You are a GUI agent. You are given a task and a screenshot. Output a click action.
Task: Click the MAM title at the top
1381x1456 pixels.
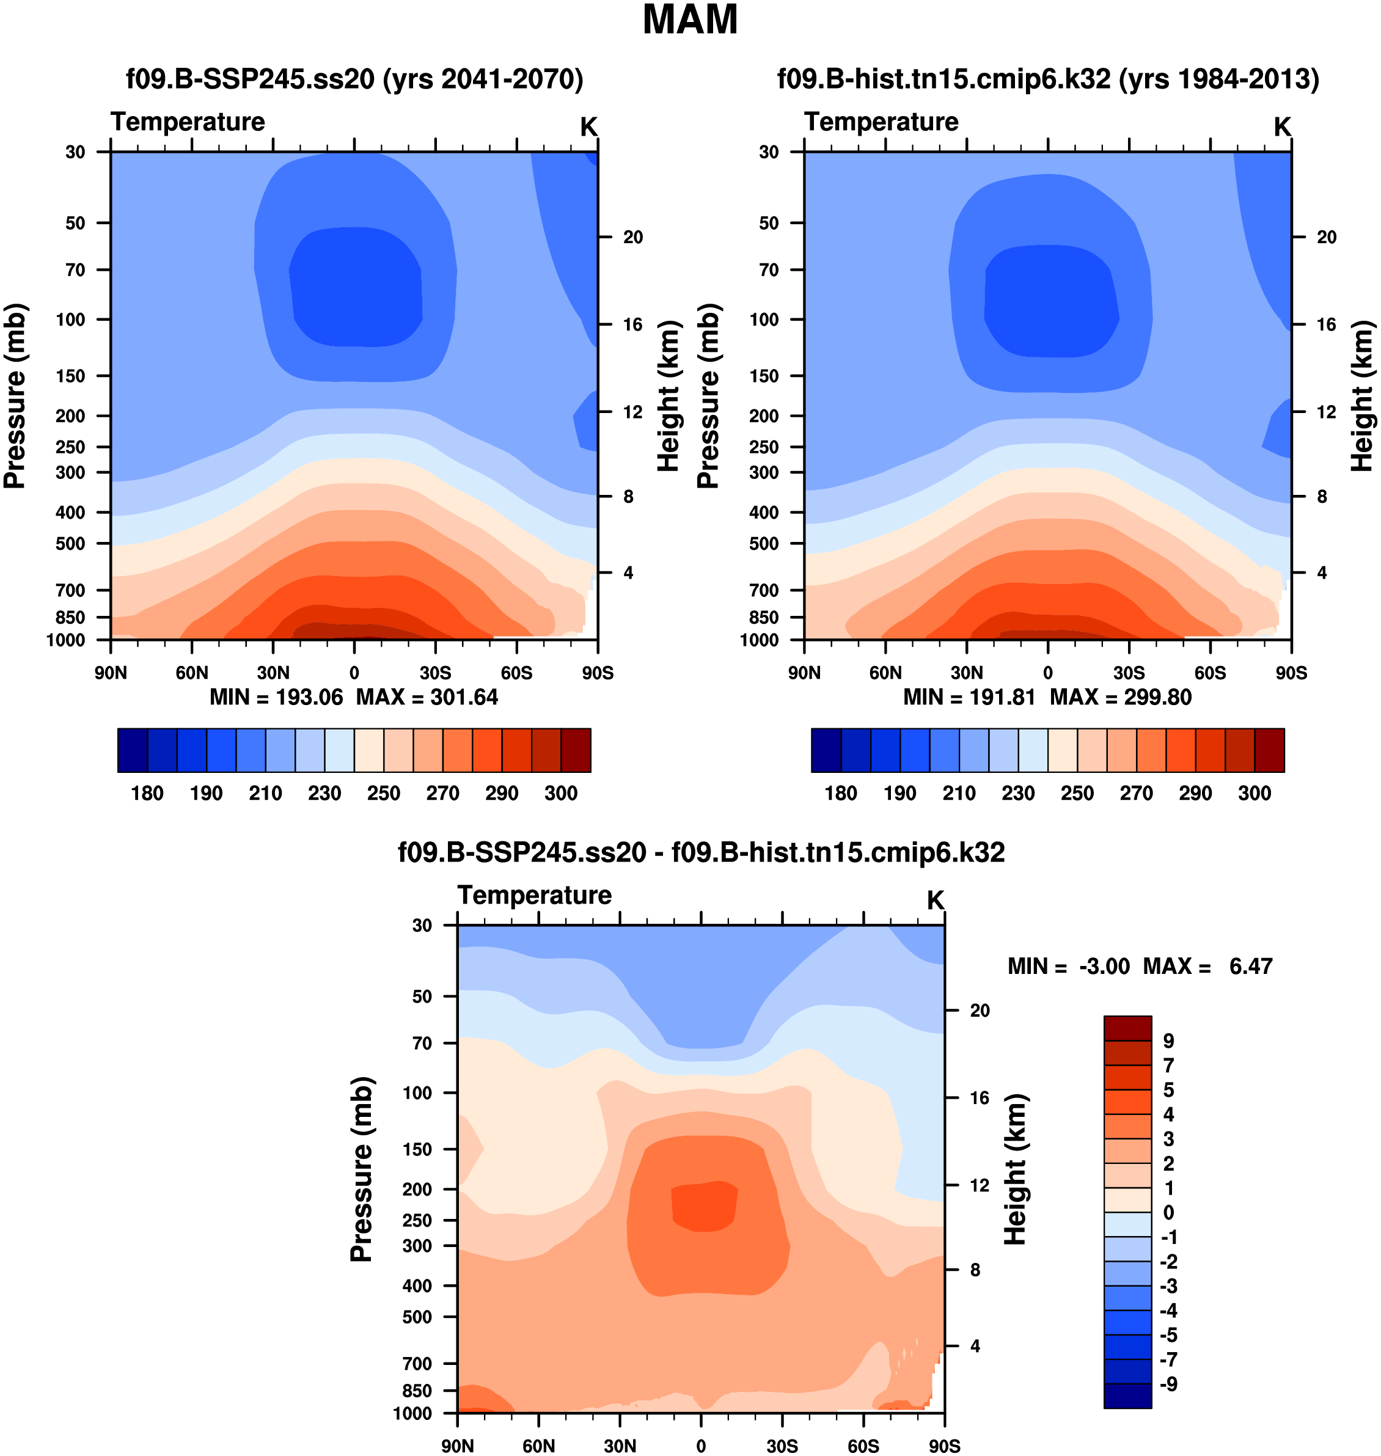coord(690,20)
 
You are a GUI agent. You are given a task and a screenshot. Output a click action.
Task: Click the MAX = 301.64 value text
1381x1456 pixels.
coord(427,697)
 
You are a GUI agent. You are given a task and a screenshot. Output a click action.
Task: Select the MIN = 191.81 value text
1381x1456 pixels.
coord(969,697)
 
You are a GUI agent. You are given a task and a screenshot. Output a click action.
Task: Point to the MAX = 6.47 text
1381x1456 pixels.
coord(1207,966)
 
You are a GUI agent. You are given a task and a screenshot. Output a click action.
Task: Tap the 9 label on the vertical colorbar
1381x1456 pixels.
coord(1168,1041)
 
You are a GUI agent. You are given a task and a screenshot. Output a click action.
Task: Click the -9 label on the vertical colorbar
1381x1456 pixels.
coord(1168,1384)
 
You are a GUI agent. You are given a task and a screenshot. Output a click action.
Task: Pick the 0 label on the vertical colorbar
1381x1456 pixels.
coord(1168,1212)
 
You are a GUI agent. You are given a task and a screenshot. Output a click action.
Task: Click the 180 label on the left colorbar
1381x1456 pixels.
coord(147,794)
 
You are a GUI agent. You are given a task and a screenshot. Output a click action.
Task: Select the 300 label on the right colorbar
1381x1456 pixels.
coord(1255,794)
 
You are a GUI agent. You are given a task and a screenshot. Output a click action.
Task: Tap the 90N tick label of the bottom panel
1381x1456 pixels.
coord(458,1446)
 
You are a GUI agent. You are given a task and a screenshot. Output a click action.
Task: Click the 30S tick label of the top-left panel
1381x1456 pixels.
coord(436,673)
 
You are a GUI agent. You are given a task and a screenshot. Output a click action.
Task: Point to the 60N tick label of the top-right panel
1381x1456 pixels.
coord(885,673)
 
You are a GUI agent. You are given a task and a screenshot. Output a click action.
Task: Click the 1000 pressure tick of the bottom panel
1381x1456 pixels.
coord(412,1413)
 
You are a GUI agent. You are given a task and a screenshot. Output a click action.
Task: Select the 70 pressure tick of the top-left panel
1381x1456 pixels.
coord(76,270)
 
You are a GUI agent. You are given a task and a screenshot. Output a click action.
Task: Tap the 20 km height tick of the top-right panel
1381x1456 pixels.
coord(1327,237)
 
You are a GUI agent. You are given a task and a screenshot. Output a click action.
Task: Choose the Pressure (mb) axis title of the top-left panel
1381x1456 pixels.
coord(15,396)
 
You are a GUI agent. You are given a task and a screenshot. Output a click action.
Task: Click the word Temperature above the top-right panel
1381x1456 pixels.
coord(881,122)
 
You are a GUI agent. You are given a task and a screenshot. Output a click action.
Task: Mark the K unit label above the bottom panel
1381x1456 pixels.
coord(935,900)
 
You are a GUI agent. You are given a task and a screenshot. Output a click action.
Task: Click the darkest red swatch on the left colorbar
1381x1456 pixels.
coord(576,751)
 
